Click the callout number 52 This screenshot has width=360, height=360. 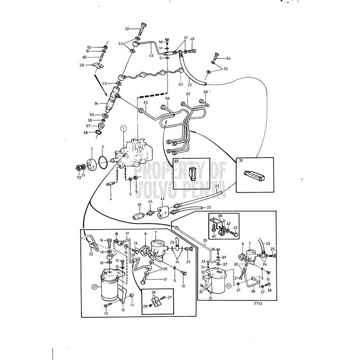click(x=127, y=29)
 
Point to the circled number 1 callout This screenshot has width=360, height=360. click(x=123, y=129)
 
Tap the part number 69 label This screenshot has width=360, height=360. click(x=177, y=161)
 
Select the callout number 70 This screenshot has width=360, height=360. click(x=240, y=161)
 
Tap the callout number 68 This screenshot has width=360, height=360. click(x=206, y=92)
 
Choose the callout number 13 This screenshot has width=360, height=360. click(x=106, y=314)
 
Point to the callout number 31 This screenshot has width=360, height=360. click(x=210, y=298)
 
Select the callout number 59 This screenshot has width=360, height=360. click(x=81, y=65)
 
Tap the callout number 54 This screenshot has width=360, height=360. click(x=96, y=103)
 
